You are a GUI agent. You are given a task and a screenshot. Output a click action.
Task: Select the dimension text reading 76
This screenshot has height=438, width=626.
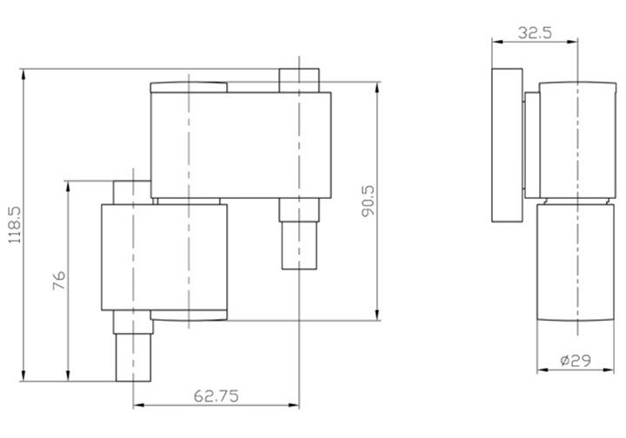58,280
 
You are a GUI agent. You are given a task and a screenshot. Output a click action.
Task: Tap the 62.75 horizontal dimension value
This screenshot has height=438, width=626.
216,395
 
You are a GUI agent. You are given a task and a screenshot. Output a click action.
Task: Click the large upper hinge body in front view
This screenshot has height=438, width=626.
241,143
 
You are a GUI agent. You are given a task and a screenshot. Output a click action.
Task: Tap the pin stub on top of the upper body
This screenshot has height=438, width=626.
300,79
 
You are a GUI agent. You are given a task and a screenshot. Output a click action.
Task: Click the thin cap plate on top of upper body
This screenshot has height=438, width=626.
190,86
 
